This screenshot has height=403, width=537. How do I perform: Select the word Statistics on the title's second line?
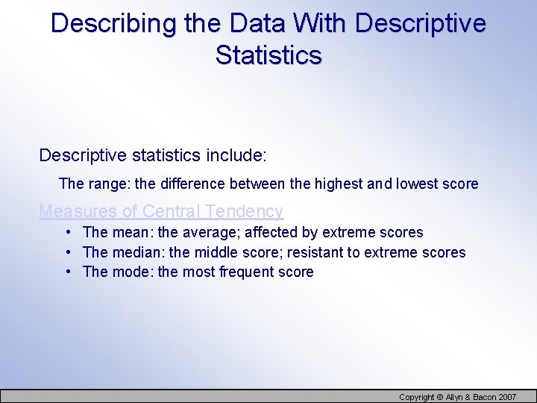click(x=268, y=55)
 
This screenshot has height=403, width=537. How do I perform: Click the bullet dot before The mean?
click(x=68, y=232)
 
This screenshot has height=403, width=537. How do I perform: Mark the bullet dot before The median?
click(x=68, y=252)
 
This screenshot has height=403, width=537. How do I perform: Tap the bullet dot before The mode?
click(x=68, y=272)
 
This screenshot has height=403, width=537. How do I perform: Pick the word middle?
click(x=190, y=252)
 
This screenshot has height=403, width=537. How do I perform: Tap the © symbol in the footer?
click(x=439, y=397)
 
